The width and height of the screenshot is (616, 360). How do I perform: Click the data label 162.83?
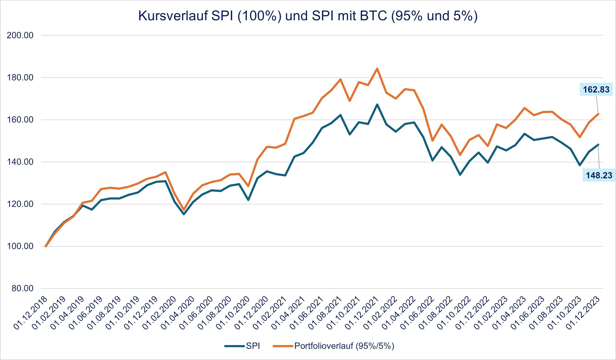pos(596,90)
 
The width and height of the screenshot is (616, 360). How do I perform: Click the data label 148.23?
pos(599,175)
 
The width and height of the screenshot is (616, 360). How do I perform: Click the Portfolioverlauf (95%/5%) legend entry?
pos(334,346)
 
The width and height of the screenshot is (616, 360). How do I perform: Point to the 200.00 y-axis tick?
pos(20,35)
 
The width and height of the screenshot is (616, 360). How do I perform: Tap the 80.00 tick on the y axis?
pos(22,288)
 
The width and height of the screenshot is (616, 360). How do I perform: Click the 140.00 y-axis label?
pos(20,162)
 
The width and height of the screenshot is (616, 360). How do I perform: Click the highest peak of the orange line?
pos(377,69)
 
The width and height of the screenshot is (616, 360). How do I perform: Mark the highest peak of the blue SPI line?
pos(377,104)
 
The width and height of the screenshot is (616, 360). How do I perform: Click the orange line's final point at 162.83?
pos(598,114)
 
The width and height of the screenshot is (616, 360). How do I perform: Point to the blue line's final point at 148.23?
pos(598,144)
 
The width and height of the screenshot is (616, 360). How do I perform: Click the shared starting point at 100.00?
pos(46,246)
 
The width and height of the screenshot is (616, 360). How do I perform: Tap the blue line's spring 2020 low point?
pos(184,214)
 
